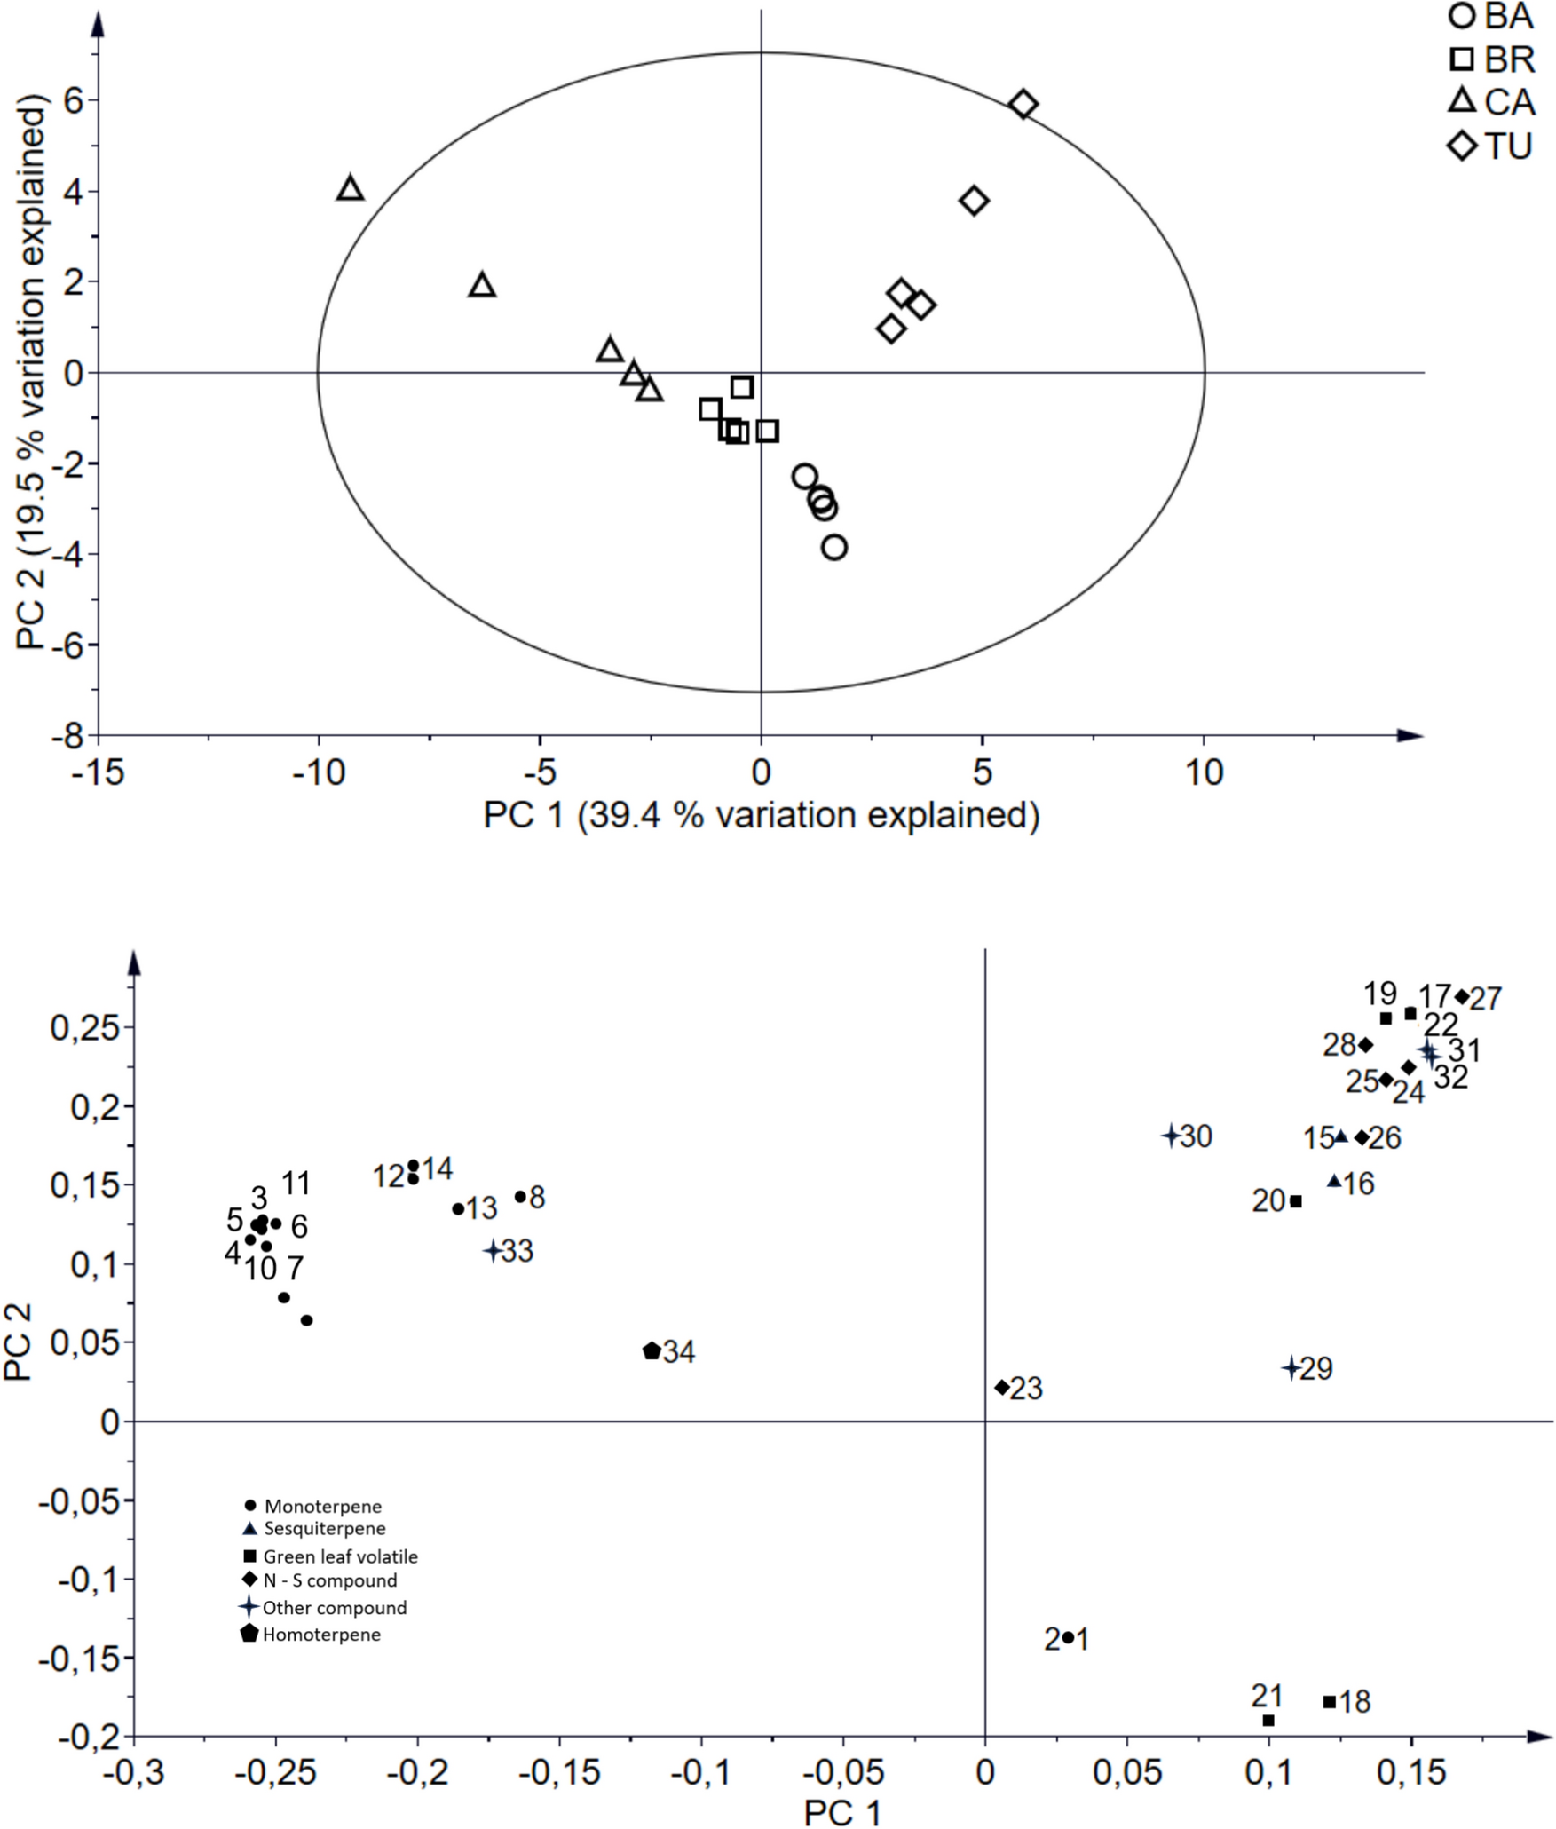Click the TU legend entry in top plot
click(x=1491, y=145)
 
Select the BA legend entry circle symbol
click(x=1461, y=16)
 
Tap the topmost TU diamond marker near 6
click(x=1023, y=104)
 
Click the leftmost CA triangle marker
click(x=351, y=189)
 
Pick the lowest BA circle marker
click(x=834, y=547)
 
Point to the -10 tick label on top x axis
click(x=319, y=772)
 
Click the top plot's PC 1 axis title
click(x=761, y=815)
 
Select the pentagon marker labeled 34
click(x=652, y=1350)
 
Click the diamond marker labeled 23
click(x=1002, y=1387)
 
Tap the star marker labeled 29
click(x=1291, y=1368)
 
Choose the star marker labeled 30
click(x=1171, y=1135)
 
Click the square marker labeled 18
click(x=1329, y=1702)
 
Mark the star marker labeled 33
click(x=494, y=1250)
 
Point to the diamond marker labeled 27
click(x=1462, y=996)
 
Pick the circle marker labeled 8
click(x=520, y=1197)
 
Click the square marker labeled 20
click(x=1296, y=1201)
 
